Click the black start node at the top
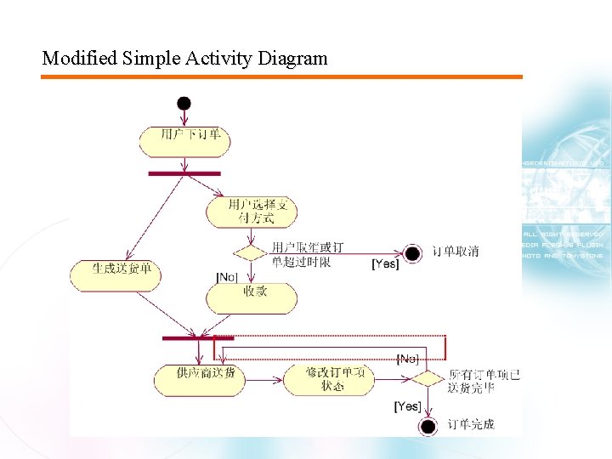point(184,103)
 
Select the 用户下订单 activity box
point(184,141)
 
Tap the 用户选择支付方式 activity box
point(251,212)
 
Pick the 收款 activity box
point(252,297)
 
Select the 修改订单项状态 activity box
point(328,379)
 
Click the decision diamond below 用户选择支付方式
point(252,252)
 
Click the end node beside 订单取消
point(412,252)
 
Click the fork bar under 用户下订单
point(184,173)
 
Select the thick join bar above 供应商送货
point(198,338)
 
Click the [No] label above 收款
point(227,277)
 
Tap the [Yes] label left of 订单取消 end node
point(385,264)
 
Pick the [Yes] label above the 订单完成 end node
point(407,406)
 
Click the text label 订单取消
point(456,252)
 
